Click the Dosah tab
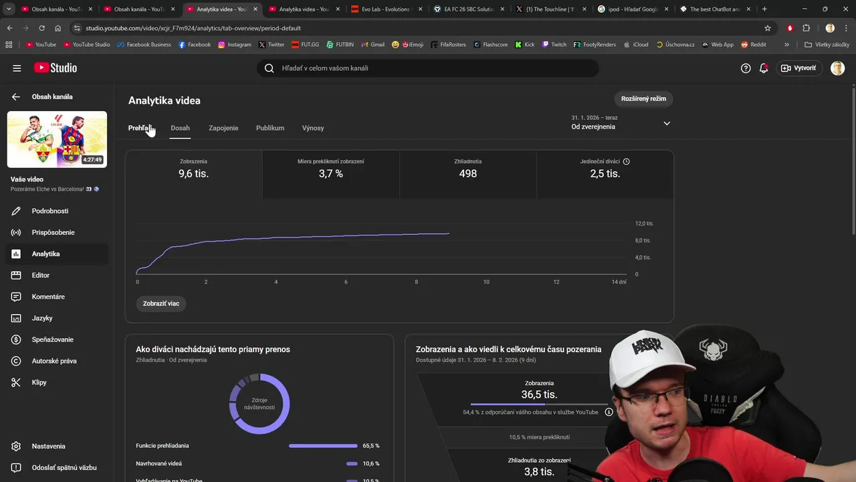(180, 128)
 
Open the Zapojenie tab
(223, 128)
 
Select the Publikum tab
(270, 128)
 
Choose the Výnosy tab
(313, 128)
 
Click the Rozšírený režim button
(643, 99)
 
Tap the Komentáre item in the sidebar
(48, 297)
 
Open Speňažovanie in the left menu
(52, 339)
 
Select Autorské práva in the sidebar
(53, 361)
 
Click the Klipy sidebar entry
(39, 382)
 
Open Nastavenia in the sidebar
(48, 447)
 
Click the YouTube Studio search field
(428, 68)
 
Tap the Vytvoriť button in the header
(798, 68)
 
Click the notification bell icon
(764, 68)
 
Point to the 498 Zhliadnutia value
(468, 174)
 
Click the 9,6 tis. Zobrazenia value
(193, 174)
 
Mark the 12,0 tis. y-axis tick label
(644, 224)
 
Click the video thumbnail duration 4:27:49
(92, 160)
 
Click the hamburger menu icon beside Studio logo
(17, 68)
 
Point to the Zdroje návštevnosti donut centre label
(259, 404)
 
